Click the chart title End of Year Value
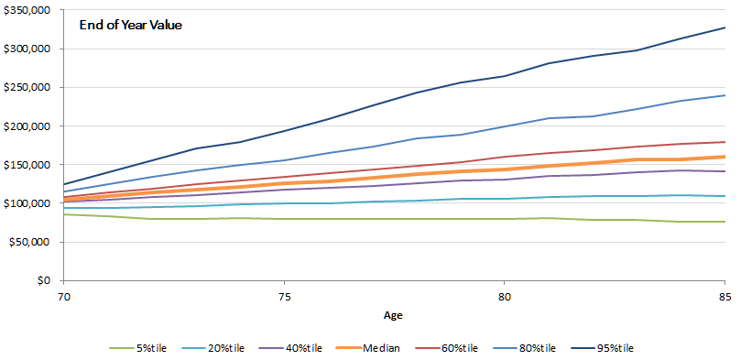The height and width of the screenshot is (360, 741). click(x=131, y=25)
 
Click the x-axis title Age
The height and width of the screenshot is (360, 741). click(x=394, y=314)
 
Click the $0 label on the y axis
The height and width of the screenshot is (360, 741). click(x=46, y=280)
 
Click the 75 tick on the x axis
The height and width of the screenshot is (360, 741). click(x=284, y=297)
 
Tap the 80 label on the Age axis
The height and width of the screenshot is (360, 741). click(x=504, y=297)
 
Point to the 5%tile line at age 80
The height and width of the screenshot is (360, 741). click(x=504, y=219)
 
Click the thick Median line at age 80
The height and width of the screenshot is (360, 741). click(x=504, y=169)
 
